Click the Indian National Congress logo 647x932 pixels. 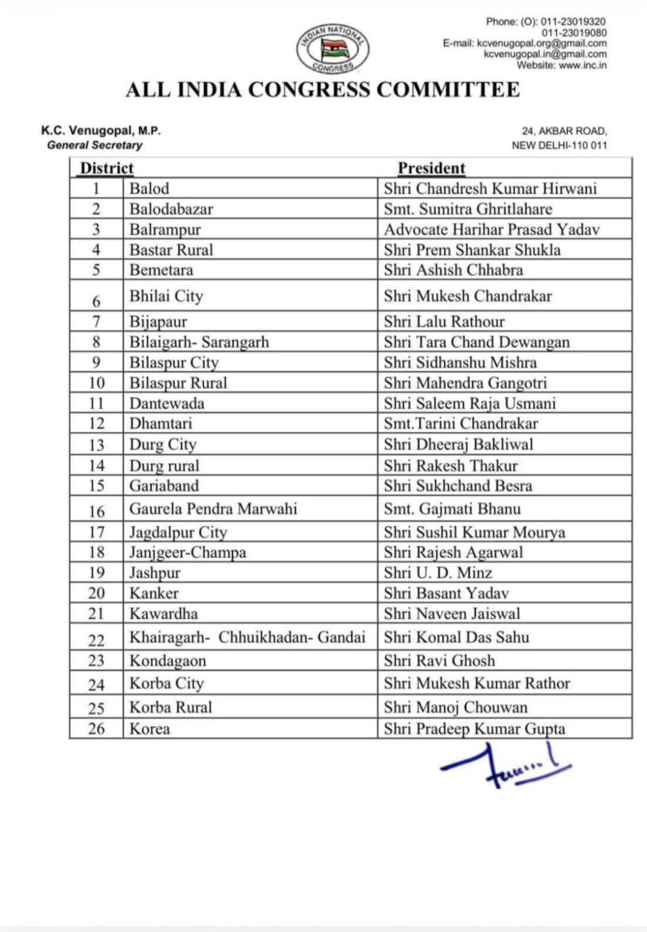coord(332,49)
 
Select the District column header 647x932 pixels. coord(106,168)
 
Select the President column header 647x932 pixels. coord(431,168)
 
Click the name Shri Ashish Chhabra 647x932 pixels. coord(452,270)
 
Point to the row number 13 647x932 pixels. coord(95,445)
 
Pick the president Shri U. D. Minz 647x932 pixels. coord(438,572)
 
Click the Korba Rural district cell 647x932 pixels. coord(171,706)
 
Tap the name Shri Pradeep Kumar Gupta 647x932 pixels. coord(474,729)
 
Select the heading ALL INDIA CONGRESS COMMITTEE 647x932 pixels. coord(323,90)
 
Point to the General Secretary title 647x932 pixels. coord(95,146)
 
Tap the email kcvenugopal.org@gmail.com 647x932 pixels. coord(538,43)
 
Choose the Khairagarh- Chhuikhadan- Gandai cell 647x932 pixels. coord(248,637)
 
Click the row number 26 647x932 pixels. coord(95,729)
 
